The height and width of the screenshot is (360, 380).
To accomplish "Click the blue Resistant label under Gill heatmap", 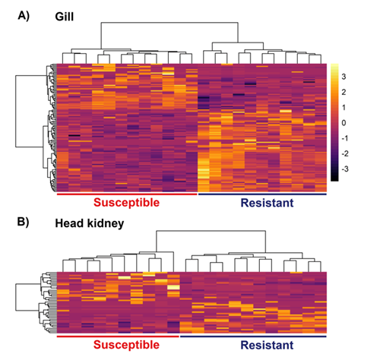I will point(266,204).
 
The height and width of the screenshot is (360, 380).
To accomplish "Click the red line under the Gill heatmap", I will point(126,194).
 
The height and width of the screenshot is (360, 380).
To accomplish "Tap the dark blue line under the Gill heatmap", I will point(262,194).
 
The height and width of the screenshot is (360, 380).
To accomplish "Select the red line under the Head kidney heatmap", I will point(117,335).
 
